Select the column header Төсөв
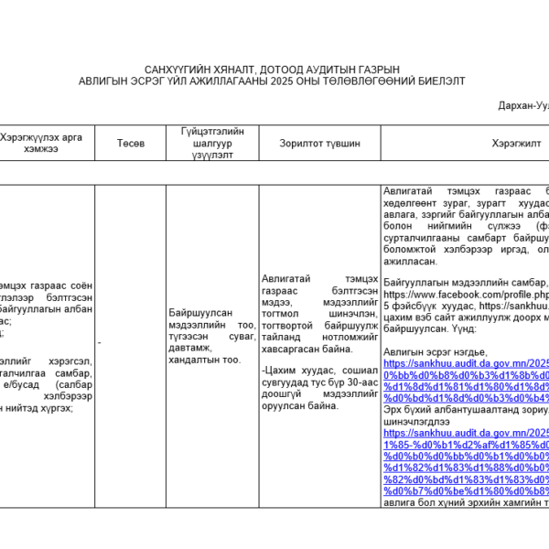point(130,144)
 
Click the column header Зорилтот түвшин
point(319,144)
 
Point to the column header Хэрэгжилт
point(516,144)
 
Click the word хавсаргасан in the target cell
point(292,349)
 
